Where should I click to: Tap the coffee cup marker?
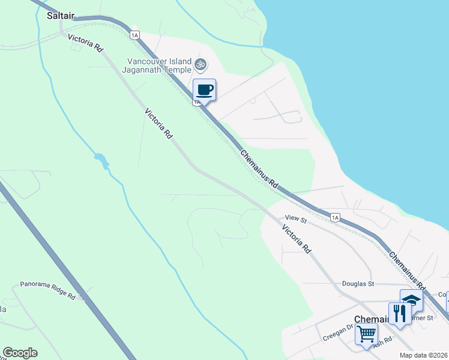pos(204,90)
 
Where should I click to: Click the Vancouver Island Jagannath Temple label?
pos(158,65)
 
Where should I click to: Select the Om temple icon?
pos(200,64)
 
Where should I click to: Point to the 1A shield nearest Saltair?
pos(134,35)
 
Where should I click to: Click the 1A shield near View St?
pos(334,217)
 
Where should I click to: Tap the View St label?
pos(296,220)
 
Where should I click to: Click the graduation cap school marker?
pos(411,299)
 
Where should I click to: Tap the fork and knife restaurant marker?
pos(399,313)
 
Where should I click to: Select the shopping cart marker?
pos(366,334)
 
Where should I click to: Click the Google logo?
pos(20,353)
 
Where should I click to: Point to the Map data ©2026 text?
pos(424,355)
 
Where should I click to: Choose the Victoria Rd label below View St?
pos(297,239)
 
